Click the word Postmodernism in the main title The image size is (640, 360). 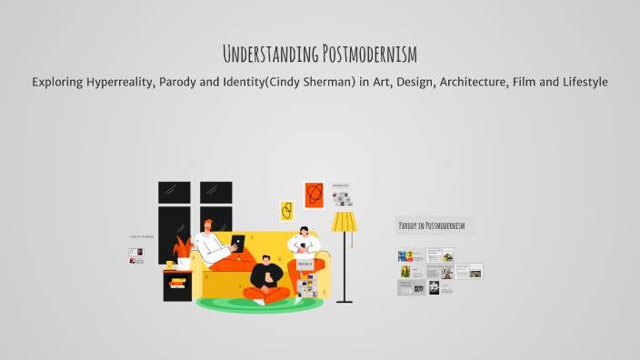pos(368,54)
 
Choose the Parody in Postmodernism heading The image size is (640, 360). pos(432,225)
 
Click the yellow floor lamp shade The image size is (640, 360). pos(345,222)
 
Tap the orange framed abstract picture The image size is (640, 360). pos(314,195)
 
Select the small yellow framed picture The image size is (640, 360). pos(286,211)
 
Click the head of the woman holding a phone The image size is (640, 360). pos(304,234)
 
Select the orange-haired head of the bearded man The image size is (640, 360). pos(209,225)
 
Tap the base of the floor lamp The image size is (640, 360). pos(345,300)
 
